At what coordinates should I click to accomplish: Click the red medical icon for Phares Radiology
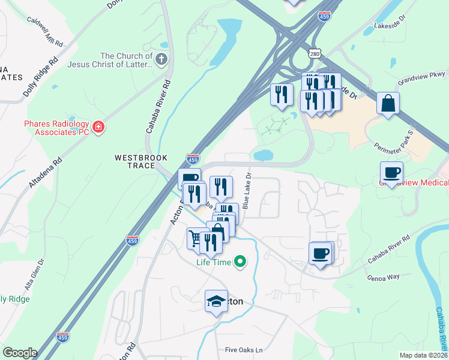click(x=98, y=127)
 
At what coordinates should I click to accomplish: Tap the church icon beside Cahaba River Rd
click(x=161, y=59)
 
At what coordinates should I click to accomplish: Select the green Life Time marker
click(x=240, y=262)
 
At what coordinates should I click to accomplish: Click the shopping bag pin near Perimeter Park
click(x=388, y=103)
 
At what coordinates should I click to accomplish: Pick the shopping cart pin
click(x=194, y=238)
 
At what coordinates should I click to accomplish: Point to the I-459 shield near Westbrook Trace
click(x=193, y=160)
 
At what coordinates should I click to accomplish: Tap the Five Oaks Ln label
click(x=244, y=350)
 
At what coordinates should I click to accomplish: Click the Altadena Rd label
click(x=44, y=175)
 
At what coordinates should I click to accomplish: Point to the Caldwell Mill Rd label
click(x=45, y=32)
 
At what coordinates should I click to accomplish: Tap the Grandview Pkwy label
click(x=423, y=81)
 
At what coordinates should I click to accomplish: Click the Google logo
click(x=20, y=353)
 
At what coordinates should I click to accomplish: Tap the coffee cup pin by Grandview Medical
click(x=392, y=173)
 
